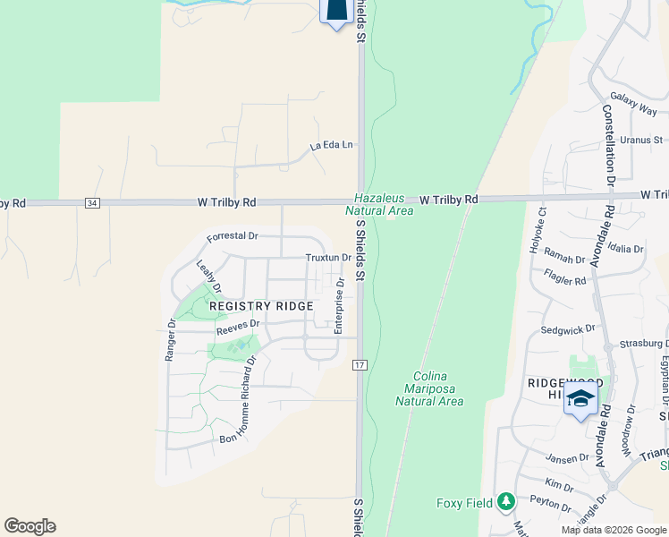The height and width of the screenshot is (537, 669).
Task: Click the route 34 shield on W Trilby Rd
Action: pyautogui.click(x=92, y=203)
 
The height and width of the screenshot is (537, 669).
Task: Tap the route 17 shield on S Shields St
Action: pyautogui.click(x=360, y=365)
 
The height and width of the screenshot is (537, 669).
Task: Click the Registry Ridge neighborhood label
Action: pyautogui.click(x=261, y=306)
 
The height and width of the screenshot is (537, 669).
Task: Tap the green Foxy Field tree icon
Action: pyautogui.click(x=506, y=502)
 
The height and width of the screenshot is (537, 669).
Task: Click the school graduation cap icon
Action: pyautogui.click(x=580, y=398)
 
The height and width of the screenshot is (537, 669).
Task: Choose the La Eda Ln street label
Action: pyautogui.click(x=332, y=144)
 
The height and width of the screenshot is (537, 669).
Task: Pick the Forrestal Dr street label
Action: pyautogui.click(x=232, y=237)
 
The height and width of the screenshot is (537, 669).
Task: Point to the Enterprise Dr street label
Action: pyautogui.click(x=340, y=305)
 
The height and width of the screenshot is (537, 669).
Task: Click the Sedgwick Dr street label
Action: pyautogui.click(x=568, y=329)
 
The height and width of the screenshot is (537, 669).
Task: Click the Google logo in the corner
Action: pyautogui.click(x=30, y=526)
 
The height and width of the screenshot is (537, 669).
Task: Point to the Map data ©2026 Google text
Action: pyautogui.click(x=613, y=530)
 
